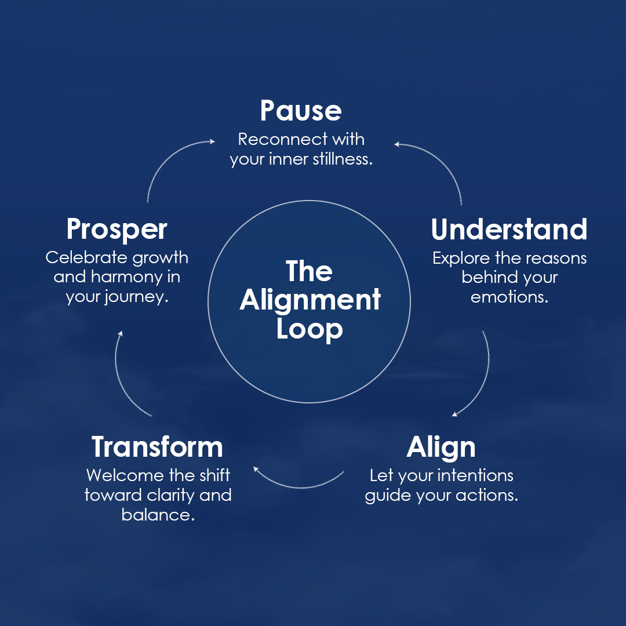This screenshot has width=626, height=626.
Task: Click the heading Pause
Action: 300,110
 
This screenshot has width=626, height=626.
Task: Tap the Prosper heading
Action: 117,230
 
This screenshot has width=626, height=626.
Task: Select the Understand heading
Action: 509,230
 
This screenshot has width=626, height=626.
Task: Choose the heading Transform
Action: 157,447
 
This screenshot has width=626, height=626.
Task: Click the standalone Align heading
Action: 441,447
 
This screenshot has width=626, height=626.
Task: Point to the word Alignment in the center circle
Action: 310,300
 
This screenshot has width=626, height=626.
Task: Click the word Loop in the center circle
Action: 310,329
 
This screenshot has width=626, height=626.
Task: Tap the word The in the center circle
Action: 310,271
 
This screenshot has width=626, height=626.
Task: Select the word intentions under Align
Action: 475,476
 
